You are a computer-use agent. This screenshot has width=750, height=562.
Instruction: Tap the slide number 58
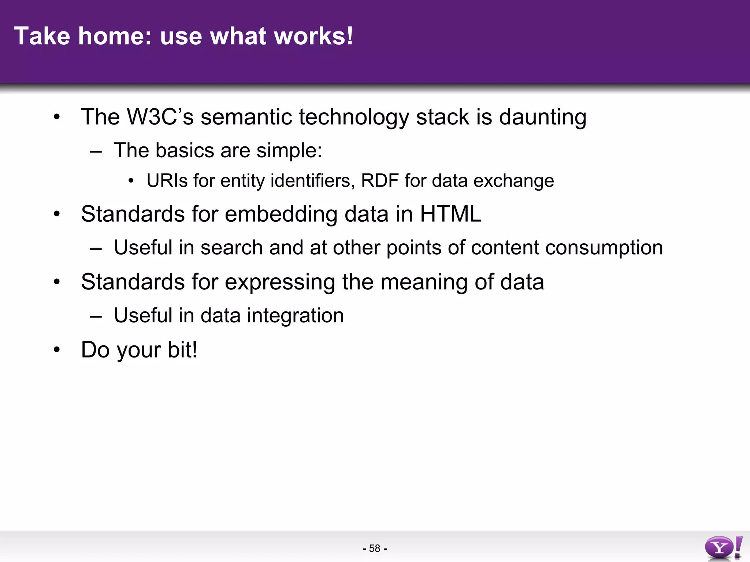pos(375,548)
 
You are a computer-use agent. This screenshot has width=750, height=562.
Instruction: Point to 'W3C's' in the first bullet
pos(160,117)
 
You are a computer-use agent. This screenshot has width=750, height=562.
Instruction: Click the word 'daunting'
pos(542,118)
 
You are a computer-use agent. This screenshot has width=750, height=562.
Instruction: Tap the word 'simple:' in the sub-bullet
pos(289,150)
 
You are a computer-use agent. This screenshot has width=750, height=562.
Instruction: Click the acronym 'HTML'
pos(450,214)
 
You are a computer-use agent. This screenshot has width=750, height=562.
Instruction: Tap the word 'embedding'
pos(281,215)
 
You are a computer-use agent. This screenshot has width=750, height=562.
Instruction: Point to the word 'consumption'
pos(604,248)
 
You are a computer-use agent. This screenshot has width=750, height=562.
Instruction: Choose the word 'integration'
pos(295,316)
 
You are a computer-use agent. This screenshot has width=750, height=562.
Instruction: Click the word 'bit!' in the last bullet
pos(182,350)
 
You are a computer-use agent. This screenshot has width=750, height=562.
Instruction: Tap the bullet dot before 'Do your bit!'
pos(56,350)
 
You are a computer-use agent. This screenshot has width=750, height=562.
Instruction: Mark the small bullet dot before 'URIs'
pos(131,181)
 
